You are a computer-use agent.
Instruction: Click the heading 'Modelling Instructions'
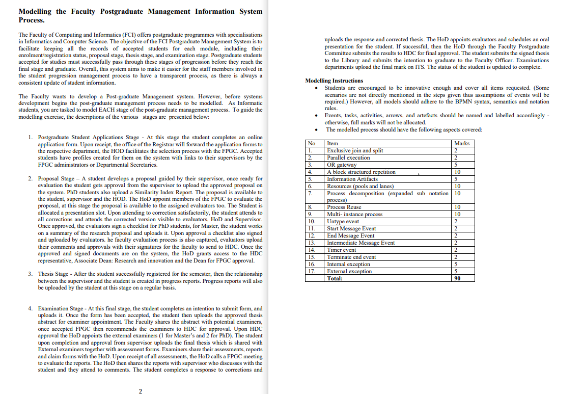pyautogui.click(x=334, y=81)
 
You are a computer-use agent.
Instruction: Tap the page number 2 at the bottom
pyautogui.click(x=140, y=390)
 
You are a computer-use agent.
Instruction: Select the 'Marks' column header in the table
pyautogui.click(x=462, y=143)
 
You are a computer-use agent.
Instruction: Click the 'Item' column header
pyautogui.click(x=332, y=143)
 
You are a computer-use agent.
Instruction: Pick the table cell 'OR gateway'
pyautogui.click(x=342, y=165)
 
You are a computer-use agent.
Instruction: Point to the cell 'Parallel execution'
pyautogui.click(x=348, y=157)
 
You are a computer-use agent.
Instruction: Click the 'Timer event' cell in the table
pyautogui.click(x=341, y=250)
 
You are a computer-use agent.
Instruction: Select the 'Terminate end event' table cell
pyautogui.click(x=351, y=257)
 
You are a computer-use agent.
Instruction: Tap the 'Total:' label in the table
pyautogui.click(x=335, y=278)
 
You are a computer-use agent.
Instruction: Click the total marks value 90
pyautogui.click(x=457, y=278)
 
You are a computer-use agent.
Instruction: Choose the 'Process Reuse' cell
pyautogui.click(x=344, y=207)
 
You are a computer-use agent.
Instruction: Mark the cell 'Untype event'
pyautogui.click(x=343, y=221)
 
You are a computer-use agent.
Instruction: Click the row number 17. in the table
pyautogui.click(x=311, y=271)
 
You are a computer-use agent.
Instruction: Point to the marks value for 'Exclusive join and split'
pyautogui.click(x=456, y=150)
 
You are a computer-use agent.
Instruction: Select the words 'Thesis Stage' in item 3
pyautogui.click(x=54, y=274)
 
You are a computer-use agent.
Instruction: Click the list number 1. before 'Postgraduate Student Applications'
pyautogui.click(x=31, y=137)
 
